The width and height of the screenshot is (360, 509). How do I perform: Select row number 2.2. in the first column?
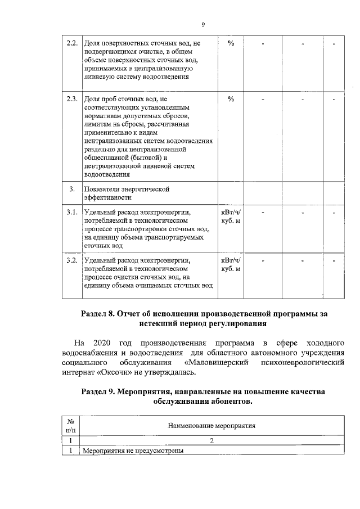[71, 43]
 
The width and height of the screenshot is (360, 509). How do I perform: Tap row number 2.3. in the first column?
[71, 100]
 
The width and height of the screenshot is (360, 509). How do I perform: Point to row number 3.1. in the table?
[71, 213]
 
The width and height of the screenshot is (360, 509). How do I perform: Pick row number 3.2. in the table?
[71, 260]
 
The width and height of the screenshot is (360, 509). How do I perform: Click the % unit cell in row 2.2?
[231, 43]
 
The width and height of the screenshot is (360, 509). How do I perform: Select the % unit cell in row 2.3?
[231, 100]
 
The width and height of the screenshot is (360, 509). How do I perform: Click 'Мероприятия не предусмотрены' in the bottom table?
[133, 451]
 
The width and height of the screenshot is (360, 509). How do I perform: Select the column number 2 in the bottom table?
[211, 441]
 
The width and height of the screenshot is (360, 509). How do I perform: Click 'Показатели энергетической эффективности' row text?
[127, 193]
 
